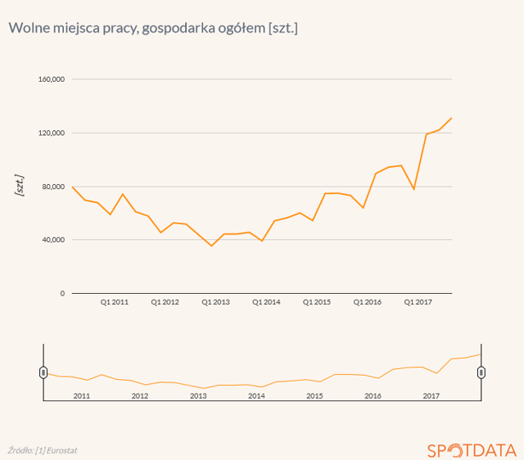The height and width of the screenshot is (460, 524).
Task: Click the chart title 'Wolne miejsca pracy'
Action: point(153,29)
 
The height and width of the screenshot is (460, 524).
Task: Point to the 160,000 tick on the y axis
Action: point(52,79)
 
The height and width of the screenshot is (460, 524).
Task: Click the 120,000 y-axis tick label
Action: point(52,133)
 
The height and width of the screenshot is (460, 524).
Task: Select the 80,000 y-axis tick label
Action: point(53,187)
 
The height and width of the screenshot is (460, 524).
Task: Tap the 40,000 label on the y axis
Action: point(53,240)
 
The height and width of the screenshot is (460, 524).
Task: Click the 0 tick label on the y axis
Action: point(62,293)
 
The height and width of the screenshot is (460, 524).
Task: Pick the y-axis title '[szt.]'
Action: point(20,185)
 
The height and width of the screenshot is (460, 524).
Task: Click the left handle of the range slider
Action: point(43,372)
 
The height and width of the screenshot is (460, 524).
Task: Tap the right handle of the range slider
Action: point(481,372)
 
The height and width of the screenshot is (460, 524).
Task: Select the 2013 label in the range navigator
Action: point(198,396)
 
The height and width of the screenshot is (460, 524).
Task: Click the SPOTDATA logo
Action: point(472,449)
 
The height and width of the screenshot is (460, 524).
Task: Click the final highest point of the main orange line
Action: point(452,118)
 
